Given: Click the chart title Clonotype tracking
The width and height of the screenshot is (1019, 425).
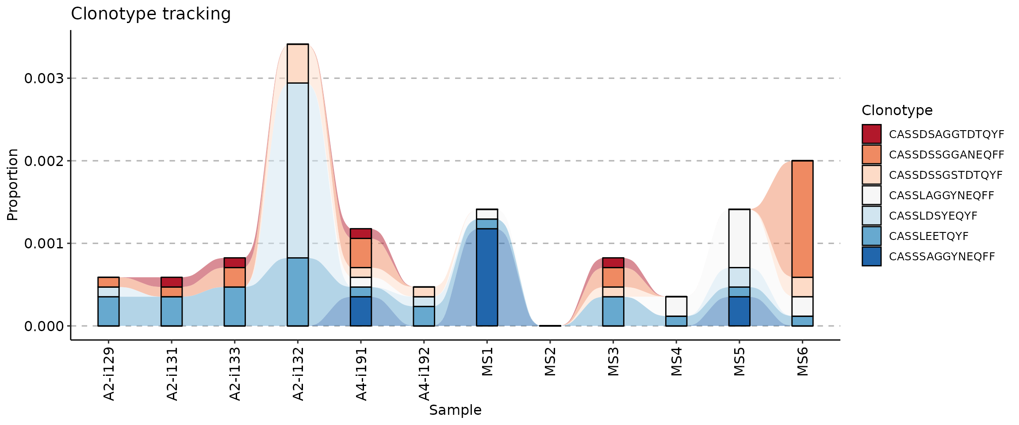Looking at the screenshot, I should (x=150, y=14).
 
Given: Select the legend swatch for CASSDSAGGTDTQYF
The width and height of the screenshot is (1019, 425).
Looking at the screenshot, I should (x=871, y=134).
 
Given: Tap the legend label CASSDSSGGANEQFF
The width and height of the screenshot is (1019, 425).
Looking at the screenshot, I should (x=946, y=155).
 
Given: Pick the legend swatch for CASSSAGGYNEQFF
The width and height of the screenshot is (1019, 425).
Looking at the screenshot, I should (x=871, y=256).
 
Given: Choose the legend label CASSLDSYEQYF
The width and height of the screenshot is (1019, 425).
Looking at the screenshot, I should (x=933, y=216).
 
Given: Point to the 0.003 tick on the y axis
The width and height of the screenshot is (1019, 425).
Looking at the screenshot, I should (x=44, y=78).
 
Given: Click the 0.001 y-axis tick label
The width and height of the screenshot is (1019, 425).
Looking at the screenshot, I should (x=44, y=243).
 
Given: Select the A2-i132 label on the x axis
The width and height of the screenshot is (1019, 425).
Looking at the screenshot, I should (x=299, y=374).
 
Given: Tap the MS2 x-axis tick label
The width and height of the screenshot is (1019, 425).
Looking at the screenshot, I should (x=550, y=362).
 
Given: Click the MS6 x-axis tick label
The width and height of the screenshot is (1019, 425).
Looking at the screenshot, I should (x=803, y=362).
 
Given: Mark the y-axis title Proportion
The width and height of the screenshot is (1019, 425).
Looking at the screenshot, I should (x=12, y=185).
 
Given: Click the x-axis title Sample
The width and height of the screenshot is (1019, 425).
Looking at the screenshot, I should (x=455, y=410).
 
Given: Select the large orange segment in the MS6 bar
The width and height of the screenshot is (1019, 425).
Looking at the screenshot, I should (x=802, y=219).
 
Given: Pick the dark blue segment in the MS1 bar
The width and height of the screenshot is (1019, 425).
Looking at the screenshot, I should (x=487, y=277).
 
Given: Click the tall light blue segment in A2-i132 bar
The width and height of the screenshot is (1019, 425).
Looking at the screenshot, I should (x=298, y=170).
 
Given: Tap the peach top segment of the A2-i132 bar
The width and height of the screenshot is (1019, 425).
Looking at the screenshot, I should (x=298, y=63).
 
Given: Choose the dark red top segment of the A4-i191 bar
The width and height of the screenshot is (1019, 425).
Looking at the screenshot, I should (x=361, y=233).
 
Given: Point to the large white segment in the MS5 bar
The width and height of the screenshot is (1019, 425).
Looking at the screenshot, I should (x=739, y=238).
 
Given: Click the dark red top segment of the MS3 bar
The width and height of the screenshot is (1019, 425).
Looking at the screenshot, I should (x=613, y=263).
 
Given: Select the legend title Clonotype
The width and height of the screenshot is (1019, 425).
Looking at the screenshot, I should (x=897, y=110).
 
